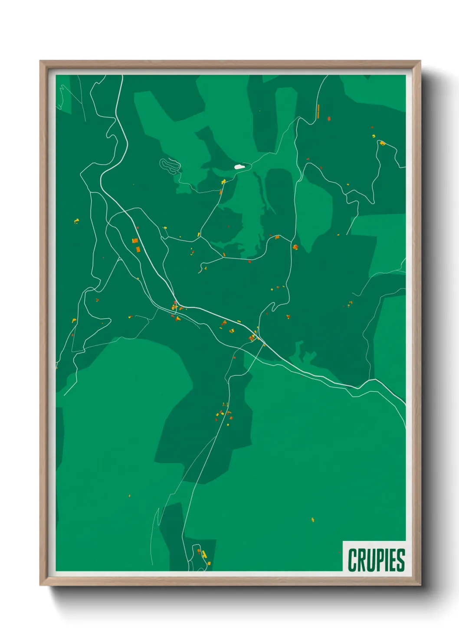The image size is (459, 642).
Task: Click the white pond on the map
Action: point(239,167)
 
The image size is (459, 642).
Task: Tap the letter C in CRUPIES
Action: point(352,560)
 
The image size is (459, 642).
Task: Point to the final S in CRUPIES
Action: point(400,560)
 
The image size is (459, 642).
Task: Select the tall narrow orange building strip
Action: point(318,111)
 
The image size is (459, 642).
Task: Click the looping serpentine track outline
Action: point(170,165)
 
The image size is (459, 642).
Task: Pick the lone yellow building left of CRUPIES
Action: point(313,519)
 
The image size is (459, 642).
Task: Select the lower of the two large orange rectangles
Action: point(138,249)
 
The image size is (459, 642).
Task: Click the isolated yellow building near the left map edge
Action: point(76,221)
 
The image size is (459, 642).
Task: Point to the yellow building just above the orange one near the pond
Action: point(223,181)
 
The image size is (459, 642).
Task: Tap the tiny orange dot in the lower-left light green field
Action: point(129,495)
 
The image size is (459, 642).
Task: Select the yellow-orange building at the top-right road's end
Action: point(382,143)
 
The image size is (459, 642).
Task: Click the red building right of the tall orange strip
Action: point(329,118)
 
